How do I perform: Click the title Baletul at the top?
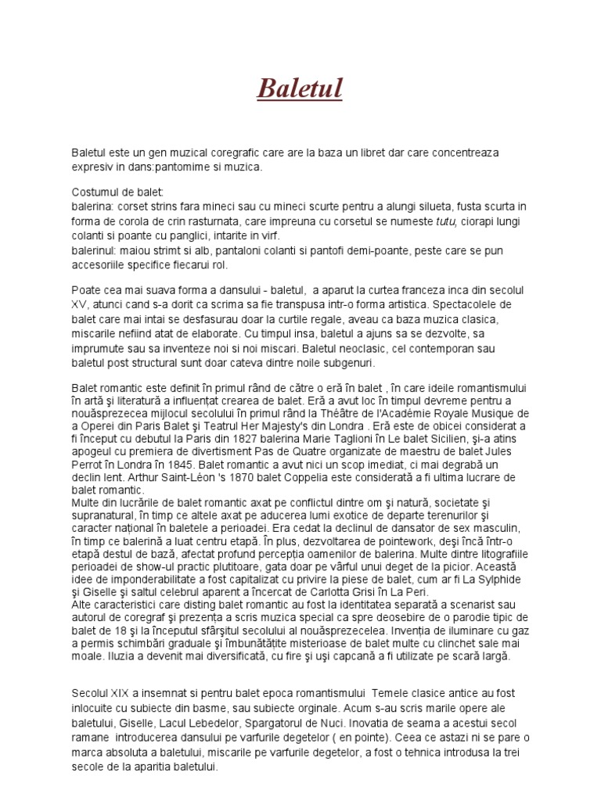tap(300, 88)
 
